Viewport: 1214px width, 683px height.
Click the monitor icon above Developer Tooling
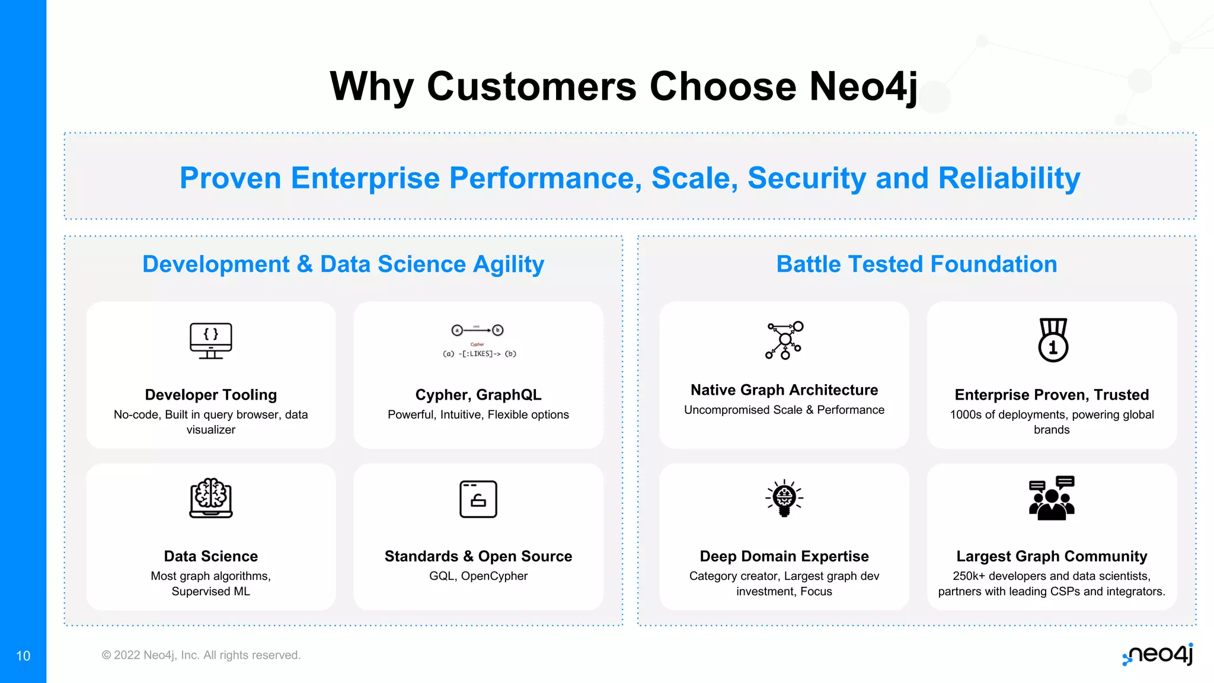click(x=210, y=340)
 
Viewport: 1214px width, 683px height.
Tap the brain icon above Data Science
click(x=210, y=498)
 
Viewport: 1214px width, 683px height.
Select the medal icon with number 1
click(x=1053, y=340)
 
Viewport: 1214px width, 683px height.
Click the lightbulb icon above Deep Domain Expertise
click(x=784, y=498)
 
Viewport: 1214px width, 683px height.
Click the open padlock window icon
click(x=478, y=499)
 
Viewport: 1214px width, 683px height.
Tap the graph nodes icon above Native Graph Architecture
click(x=784, y=340)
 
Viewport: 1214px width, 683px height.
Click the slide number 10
click(x=23, y=656)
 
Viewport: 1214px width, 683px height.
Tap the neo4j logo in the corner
click(x=1158, y=655)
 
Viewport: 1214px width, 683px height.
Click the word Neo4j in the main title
click(x=863, y=87)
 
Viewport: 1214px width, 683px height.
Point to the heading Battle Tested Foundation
click(x=916, y=264)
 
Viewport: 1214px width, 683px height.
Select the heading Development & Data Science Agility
click(x=343, y=264)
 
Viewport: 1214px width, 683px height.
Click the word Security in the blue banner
click(x=807, y=178)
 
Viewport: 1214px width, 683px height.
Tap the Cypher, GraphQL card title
click(x=478, y=395)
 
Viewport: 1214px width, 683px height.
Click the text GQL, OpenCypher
click(x=478, y=576)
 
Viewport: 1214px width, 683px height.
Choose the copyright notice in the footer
click(x=201, y=655)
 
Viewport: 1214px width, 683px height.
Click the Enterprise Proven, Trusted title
click(x=1052, y=395)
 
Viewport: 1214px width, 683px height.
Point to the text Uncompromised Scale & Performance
click(x=784, y=410)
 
